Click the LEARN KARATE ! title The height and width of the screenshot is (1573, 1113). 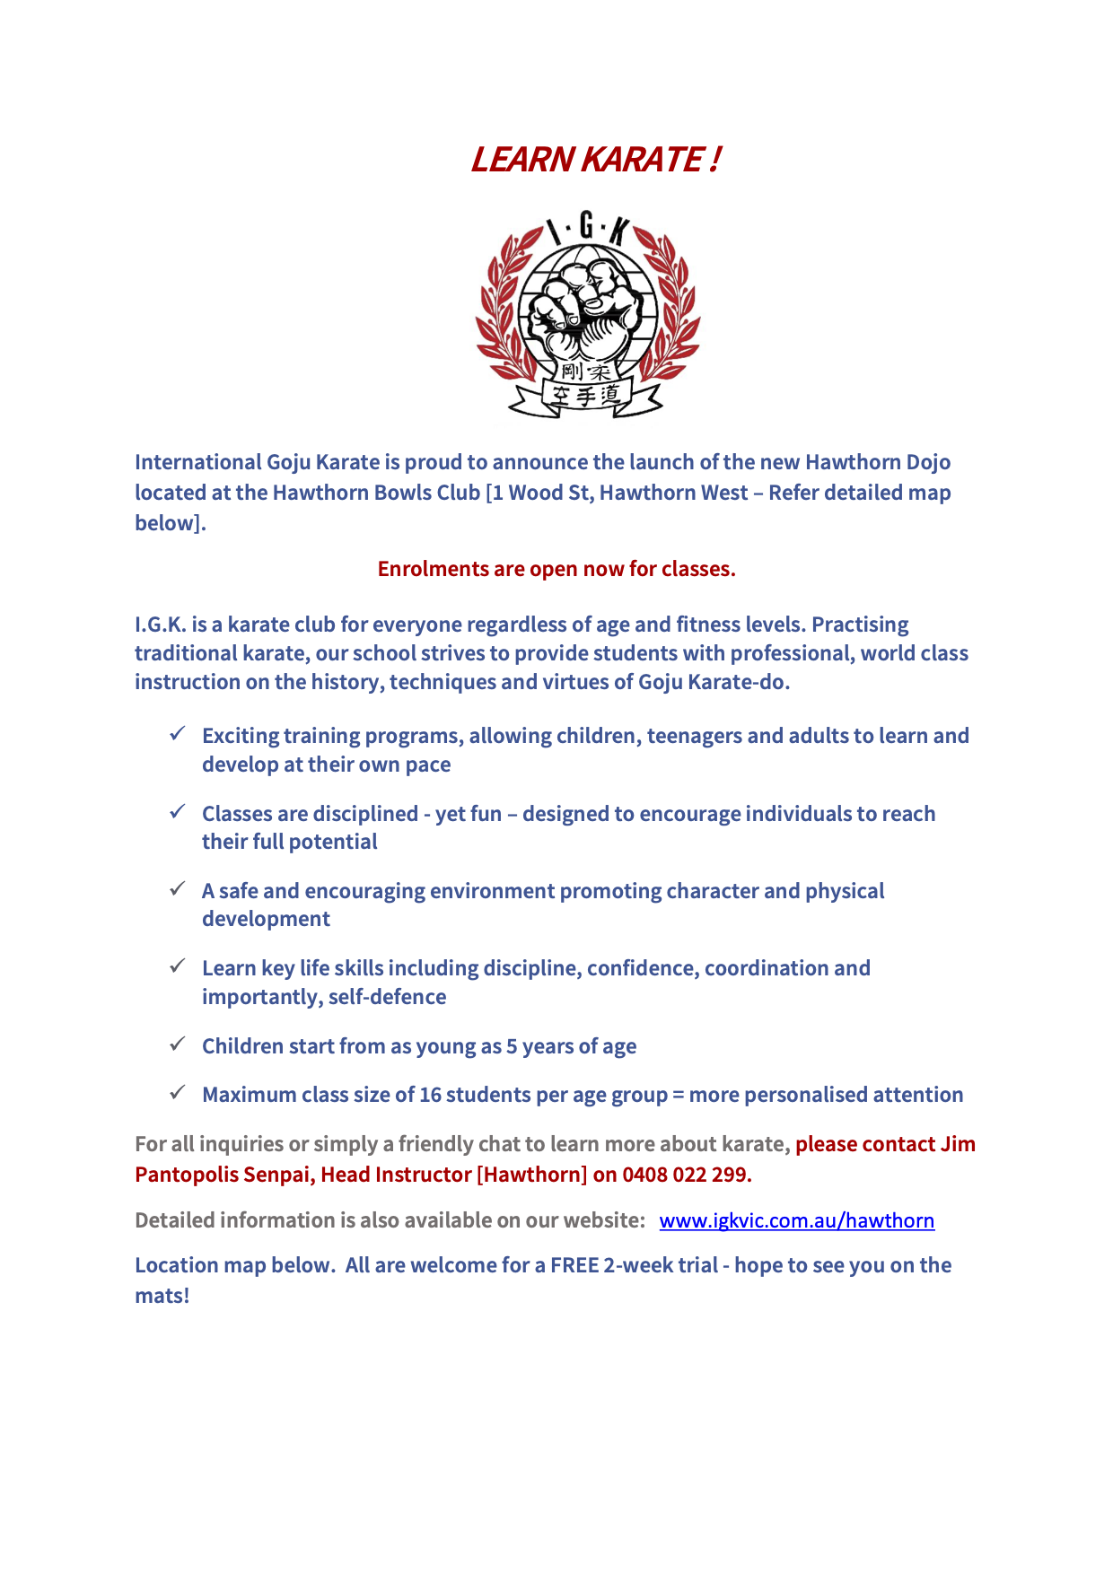[594, 160]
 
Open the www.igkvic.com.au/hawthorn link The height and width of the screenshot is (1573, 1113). [796, 1220]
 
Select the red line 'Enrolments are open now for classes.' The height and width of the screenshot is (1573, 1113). [556, 569]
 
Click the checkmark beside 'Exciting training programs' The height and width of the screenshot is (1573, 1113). [178, 734]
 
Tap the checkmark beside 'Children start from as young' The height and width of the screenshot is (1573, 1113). [178, 1044]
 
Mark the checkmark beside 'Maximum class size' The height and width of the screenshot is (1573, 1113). [178, 1093]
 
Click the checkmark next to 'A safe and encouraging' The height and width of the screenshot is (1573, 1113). [178, 889]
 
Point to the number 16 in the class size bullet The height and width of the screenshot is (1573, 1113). [431, 1095]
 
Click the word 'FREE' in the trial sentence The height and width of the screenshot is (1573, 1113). [574, 1265]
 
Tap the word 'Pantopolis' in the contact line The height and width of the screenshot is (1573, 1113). [186, 1175]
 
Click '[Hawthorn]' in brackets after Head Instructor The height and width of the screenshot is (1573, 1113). [531, 1175]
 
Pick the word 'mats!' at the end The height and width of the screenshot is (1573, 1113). [162, 1296]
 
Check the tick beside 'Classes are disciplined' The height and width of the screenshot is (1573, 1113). [178, 812]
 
